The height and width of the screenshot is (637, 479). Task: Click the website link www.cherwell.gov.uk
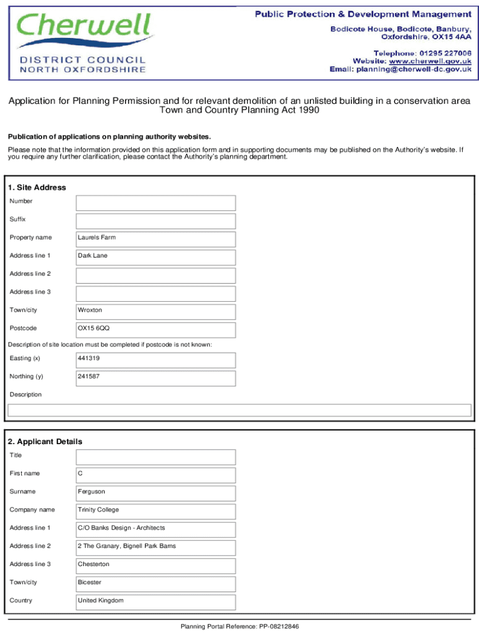pyautogui.click(x=430, y=61)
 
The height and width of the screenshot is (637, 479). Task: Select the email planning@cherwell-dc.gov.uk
pyautogui.click(x=413, y=70)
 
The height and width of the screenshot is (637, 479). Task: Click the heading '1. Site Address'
pyautogui.click(x=37, y=187)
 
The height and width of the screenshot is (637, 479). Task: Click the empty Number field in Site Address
pyautogui.click(x=156, y=203)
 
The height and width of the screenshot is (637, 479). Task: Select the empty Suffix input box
pyautogui.click(x=156, y=221)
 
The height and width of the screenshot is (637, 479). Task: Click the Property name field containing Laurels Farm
pyautogui.click(x=156, y=239)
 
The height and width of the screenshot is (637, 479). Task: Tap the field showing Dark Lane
pyautogui.click(x=156, y=257)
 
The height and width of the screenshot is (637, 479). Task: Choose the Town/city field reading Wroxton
pyautogui.click(x=156, y=312)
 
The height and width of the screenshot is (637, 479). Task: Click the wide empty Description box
pyautogui.click(x=239, y=410)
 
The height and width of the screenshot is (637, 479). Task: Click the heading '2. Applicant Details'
pyautogui.click(x=45, y=442)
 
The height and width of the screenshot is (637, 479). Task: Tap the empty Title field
pyautogui.click(x=156, y=457)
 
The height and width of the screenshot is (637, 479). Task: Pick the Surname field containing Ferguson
pyautogui.click(x=156, y=493)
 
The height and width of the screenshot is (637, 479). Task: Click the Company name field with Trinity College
pyautogui.click(x=156, y=511)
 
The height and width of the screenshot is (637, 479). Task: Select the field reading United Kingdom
pyautogui.click(x=156, y=602)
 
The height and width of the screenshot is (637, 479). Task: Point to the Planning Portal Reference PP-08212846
pyautogui.click(x=240, y=626)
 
